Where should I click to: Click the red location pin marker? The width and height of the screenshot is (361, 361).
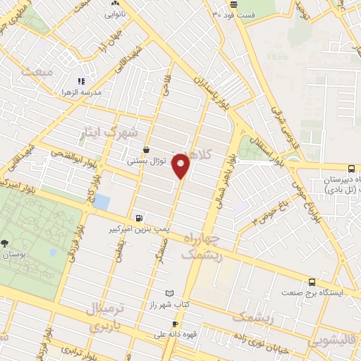[182, 166]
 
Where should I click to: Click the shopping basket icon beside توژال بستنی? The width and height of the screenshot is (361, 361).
[146, 150]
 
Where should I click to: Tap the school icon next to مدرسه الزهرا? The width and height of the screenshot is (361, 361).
[81, 81]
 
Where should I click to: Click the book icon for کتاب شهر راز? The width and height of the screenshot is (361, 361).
[168, 293]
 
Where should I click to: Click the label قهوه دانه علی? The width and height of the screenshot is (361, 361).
[162, 335]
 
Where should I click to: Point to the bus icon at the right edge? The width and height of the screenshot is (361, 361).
[351, 169]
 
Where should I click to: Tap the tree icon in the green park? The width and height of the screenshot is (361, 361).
[6, 243]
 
